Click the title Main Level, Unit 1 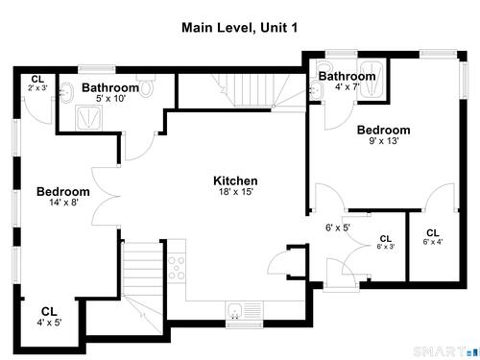pyautogui.click(x=239, y=28)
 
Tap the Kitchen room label pyautogui.click(x=235, y=180)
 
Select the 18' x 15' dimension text pyautogui.click(x=236, y=192)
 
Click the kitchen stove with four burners pyautogui.click(x=177, y=268)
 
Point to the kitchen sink pyautogui.click(x=235, y=310)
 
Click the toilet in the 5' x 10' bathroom pyautogui.click(x=146, y=84)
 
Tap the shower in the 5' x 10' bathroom pyautogui.click(x=88, y=118)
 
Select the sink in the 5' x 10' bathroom pyautogui.click(x=66, y=92)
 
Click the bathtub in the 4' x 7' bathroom pyautogui.click(x=372, y=79)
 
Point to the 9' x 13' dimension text pyautogui.click(x=383, y=141)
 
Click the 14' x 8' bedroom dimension pyautogui.click(x=63, y=203)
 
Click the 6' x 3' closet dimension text pyautogui.click(x=386, y=247)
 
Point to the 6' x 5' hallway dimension pyautogui.click(x=338, y=228)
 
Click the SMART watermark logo pyautogui.click(x=445, y=351)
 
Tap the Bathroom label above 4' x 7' pyautogui.click(x=347, y=76)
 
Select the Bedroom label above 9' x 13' pyautogui.click(x=383, y=130)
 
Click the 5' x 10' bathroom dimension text pyautogui.click(x=110, y=98)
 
